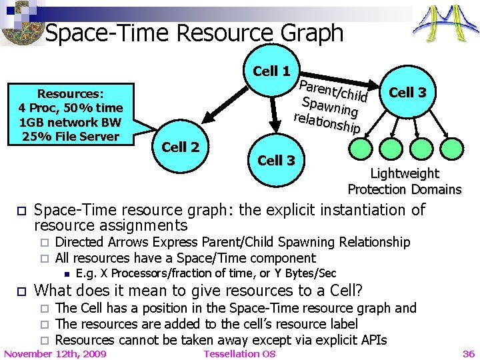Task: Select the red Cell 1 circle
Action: coord(271,71)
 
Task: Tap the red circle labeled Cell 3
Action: coord(407,93)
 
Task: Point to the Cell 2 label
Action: coord(181,147)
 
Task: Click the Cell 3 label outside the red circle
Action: coord(276,160)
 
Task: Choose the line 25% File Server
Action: coord(69,137)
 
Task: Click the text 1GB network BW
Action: coord(70,122)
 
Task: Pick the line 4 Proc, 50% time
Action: coord(71,108)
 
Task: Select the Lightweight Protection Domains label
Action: coord(404,181)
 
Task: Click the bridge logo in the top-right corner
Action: coord(445,25)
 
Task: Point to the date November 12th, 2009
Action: coord(55,353)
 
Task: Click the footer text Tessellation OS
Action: coord(239,353)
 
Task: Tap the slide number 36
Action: coord(469,353)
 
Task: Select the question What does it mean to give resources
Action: coord(198,291)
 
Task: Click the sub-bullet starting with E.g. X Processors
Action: coord(206,273)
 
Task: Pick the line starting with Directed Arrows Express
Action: coord(233,242)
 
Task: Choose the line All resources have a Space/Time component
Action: coord(185,258)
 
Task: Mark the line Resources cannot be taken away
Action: coord(221,340)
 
